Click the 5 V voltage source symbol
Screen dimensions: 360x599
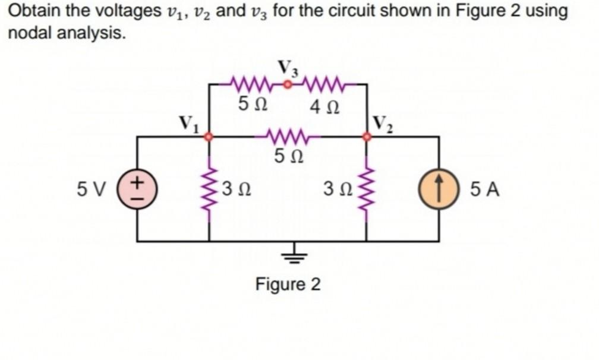pyautogui.click(x=137, y=190)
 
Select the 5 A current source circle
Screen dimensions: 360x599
pyautogui.click(x=439, y=190)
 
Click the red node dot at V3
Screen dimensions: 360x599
pyautogui.click(x=288, y=84)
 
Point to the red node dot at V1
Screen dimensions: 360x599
pyautogui.click(x=209, y=137)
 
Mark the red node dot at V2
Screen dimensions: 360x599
pyautogui.click(x=367, y=137)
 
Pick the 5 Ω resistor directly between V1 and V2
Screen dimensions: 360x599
pyautogui.click(x=288, y=137)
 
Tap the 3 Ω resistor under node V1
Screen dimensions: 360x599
pyautogui.click(x=209, y=189)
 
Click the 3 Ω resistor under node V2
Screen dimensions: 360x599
pyautogui.click(x=367, y=189)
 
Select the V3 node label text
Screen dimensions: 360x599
pyautogui.click(x=288, y=68)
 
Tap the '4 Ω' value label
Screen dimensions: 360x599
pyautogui.click(x=325, y=108)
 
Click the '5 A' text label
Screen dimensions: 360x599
pyautogui.click(x=484, y=190)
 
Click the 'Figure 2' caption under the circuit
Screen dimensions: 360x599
pyautogui.click(x=288, y=285)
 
